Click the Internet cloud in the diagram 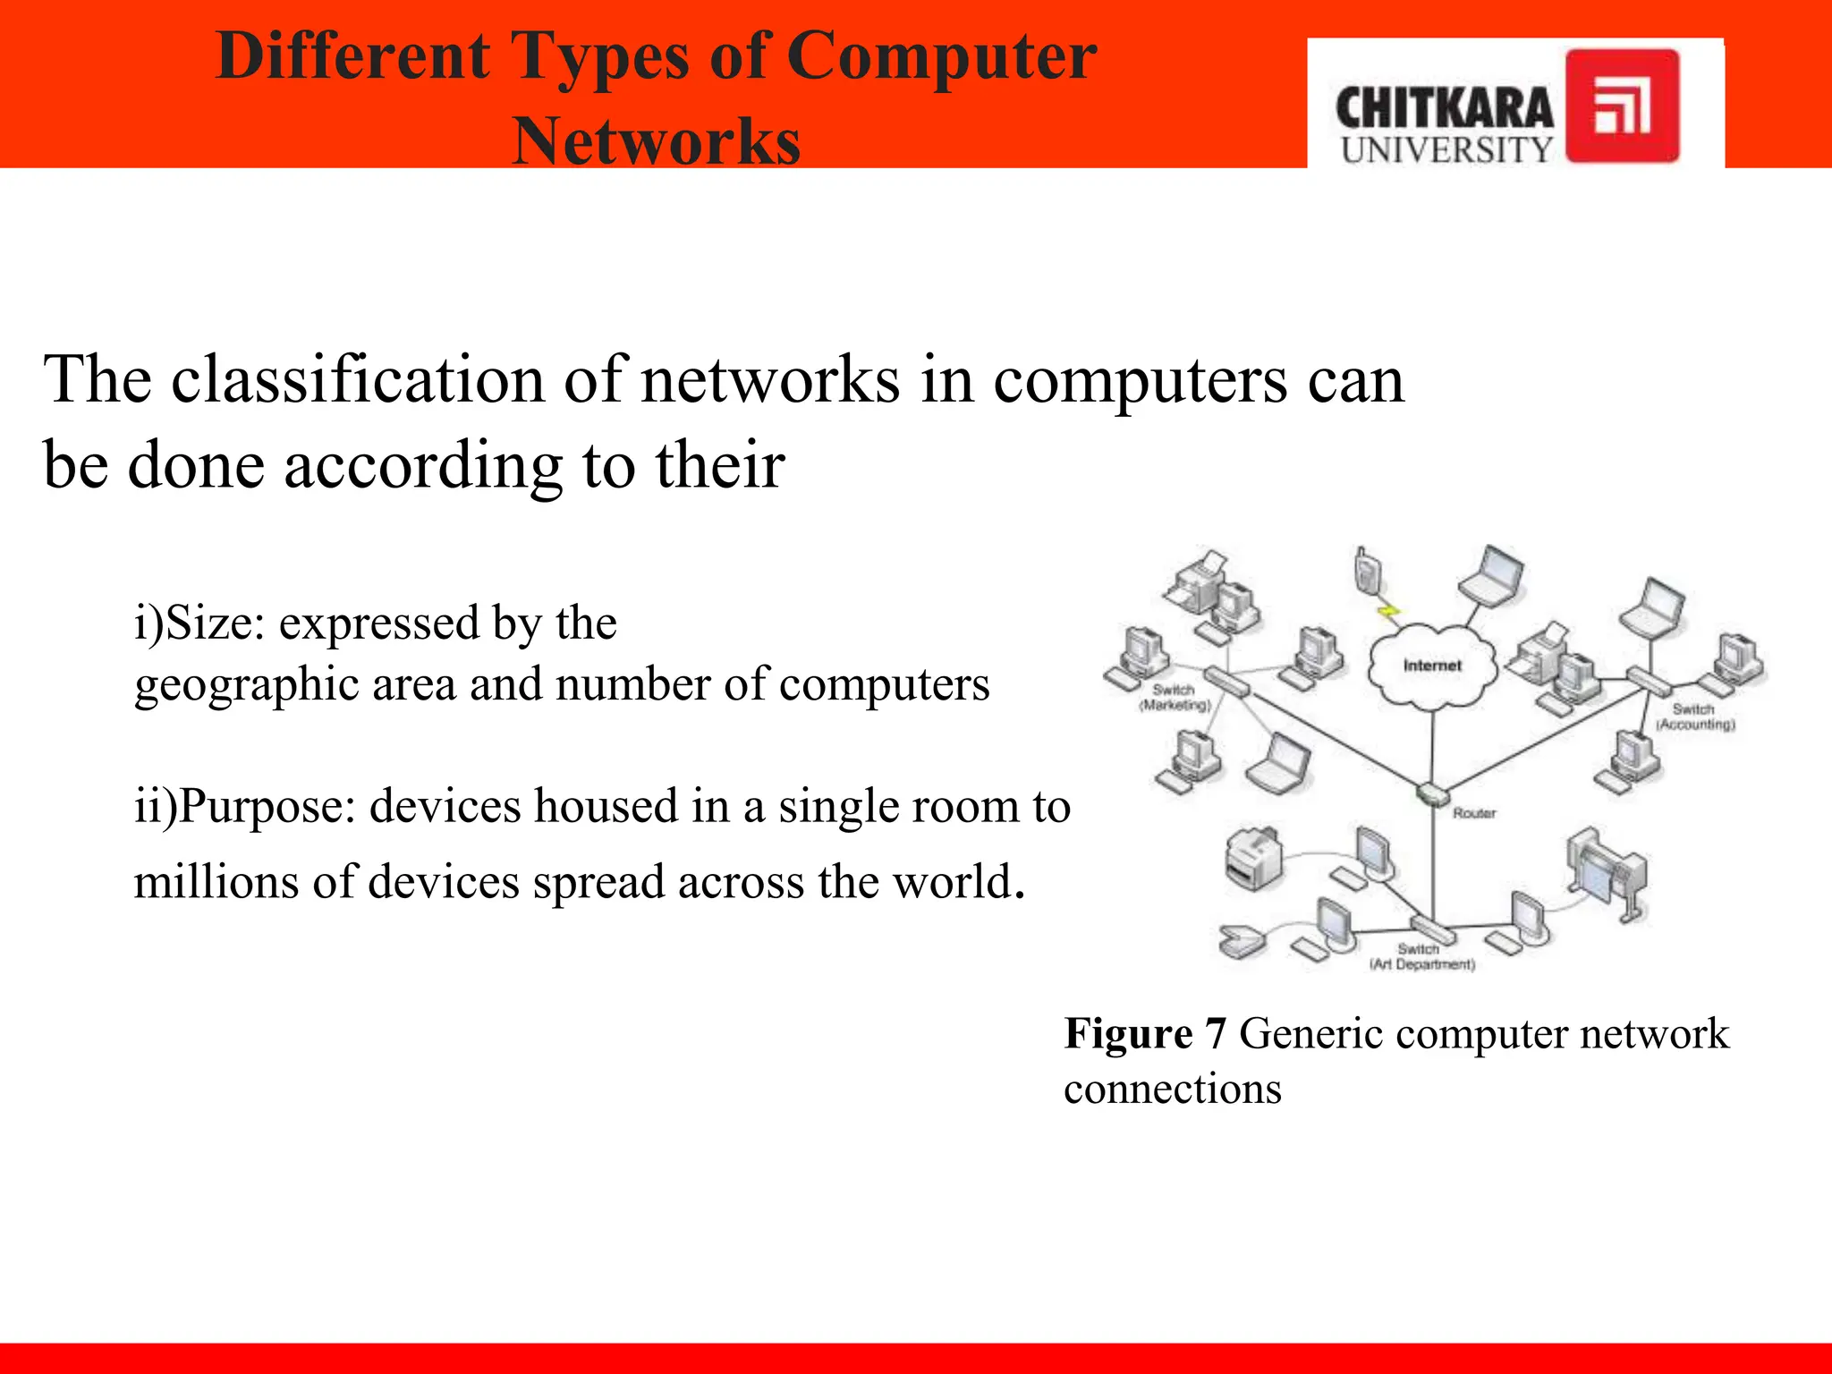pos(1432,667)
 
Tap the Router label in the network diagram pos(1474,813)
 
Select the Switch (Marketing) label pos(1174,698)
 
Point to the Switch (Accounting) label pos(1694,717)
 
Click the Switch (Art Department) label pos(1421,956)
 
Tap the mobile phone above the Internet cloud pos(1366,570)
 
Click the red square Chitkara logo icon pos(1622,106)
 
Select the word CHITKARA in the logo pos(1444,109)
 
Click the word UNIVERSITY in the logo pos(1446,150)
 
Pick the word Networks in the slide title pos(656,141)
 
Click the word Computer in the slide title pos(941,56)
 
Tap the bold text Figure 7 pos(1144,1034)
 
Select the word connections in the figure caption pos(1172,1090)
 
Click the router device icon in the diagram pos(1432,793)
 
